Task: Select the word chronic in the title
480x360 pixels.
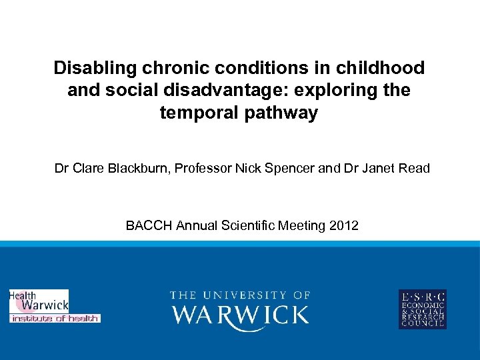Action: point(165,68)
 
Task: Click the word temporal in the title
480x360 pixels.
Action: point(192,113)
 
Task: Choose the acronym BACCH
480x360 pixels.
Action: point(149,225)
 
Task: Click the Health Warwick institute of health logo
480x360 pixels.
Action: point(53,307)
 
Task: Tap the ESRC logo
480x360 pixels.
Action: point(423,309)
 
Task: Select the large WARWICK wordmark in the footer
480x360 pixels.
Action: point(240,315)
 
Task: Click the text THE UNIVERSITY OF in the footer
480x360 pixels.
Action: point(240,295)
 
